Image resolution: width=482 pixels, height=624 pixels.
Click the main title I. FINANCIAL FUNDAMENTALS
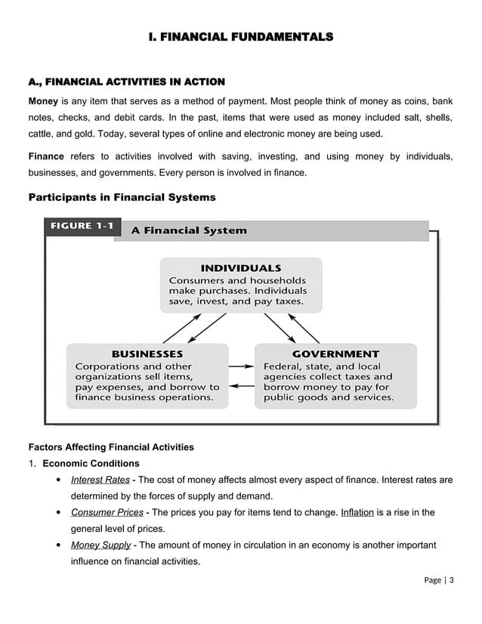(x=240, y=36)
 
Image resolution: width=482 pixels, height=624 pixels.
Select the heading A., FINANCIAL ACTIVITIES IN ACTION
(x=126, y=81)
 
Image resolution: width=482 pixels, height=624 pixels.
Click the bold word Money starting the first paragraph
(x=43, y=100)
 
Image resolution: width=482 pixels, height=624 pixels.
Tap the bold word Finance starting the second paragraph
(x=46, y=156)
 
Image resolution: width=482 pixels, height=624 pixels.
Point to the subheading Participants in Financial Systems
(x=122, y=198)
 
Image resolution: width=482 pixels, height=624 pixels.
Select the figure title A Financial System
(x=189, y=230)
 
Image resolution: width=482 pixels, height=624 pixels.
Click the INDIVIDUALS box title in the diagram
(x=241, y=268)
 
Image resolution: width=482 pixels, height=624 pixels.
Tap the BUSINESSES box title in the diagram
(x=147, y=354)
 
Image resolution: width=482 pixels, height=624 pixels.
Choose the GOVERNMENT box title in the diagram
(x=335, y=354)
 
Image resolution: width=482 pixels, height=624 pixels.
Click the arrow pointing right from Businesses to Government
(x=241, y=366)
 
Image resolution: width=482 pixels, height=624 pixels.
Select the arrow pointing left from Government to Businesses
(x=241, y=385)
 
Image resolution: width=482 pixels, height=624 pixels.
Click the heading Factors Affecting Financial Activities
(x=110, y=447)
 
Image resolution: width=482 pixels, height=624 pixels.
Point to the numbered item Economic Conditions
(x=91, y=463)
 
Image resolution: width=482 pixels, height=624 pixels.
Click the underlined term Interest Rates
(x=100, y=480)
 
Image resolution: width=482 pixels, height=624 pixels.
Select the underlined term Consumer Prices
(x=107, y=512)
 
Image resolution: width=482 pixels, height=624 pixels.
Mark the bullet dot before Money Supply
(x=59, y=545)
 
